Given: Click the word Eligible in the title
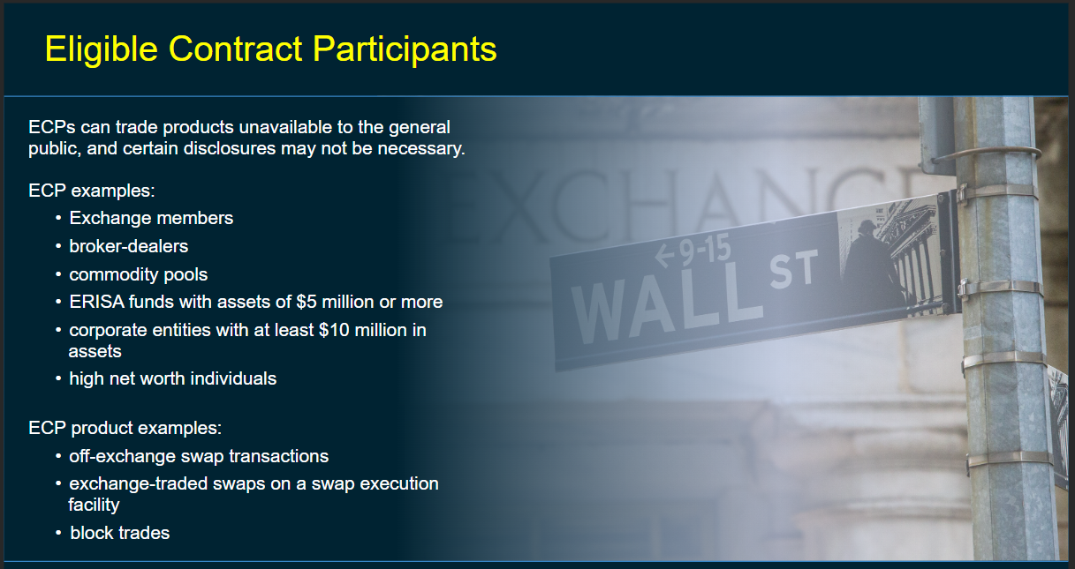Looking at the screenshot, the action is coord(102,49).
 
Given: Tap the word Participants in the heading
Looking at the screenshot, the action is coord(405,49).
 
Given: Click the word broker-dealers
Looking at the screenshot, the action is coord(129,246).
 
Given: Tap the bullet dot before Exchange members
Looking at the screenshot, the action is coord(58,219).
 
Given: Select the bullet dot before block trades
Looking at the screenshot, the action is coord(58,533).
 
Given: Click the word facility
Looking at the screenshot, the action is coord(94,505).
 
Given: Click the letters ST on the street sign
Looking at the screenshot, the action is coord(794,269).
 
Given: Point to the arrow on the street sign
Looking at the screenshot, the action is coord(665,255).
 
